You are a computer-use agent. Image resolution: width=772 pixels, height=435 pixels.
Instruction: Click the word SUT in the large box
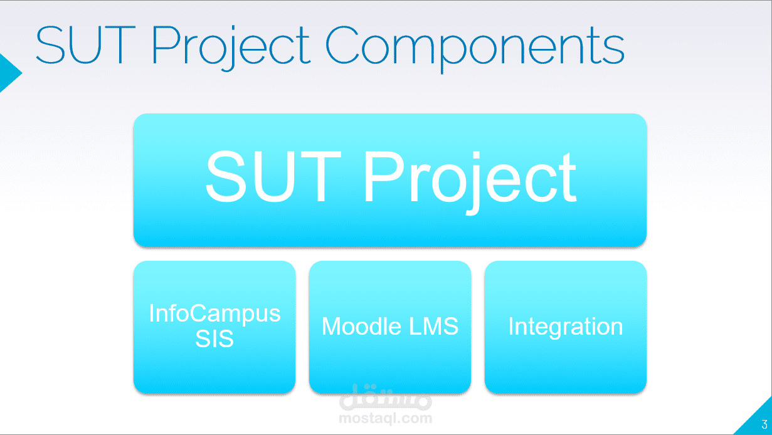point(273,176)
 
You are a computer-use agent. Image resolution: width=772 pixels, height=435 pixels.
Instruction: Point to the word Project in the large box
point(470,181)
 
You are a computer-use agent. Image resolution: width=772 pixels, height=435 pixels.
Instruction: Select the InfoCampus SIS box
point(214,327)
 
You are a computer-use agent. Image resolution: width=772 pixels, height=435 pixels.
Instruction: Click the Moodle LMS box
point(390,327)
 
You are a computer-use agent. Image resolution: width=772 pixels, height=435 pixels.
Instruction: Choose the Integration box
point(565,327)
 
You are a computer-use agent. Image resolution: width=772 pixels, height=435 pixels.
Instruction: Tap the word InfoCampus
point(214,314)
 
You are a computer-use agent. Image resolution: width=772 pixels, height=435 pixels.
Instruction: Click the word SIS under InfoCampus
point(214,338)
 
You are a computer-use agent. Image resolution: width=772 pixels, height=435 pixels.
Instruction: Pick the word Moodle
point(361,326)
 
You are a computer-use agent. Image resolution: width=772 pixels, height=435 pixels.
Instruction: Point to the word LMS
point(433,326)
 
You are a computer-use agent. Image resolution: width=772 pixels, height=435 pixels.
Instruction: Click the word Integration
point(566,327)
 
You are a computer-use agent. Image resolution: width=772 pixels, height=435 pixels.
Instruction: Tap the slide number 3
point(764,424)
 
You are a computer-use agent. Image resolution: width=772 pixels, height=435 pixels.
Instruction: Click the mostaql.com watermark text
point(385,419)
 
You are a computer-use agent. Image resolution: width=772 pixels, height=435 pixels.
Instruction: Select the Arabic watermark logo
point(385,397)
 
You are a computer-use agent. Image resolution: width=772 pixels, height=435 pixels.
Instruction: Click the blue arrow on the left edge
point(9,73)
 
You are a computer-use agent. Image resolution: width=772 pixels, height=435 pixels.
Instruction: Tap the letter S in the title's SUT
point(50,45)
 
